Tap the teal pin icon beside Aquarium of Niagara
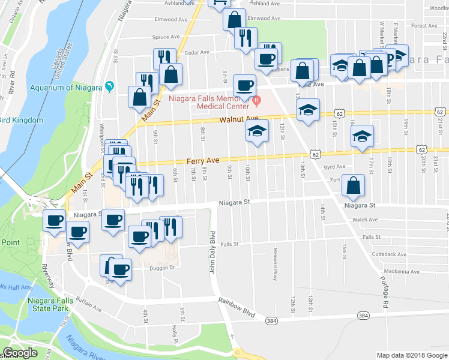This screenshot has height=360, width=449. (109, 87)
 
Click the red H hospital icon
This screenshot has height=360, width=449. (256, 99)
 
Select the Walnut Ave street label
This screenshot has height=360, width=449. (238, 119)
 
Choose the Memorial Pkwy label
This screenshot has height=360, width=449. (276, 258)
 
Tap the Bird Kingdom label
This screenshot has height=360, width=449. (23, 120)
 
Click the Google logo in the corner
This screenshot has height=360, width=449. (20, 353)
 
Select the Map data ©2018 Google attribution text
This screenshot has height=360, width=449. (412, 355)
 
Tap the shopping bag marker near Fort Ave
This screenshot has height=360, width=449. (354, 187)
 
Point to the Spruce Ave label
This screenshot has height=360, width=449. (166, 37)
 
